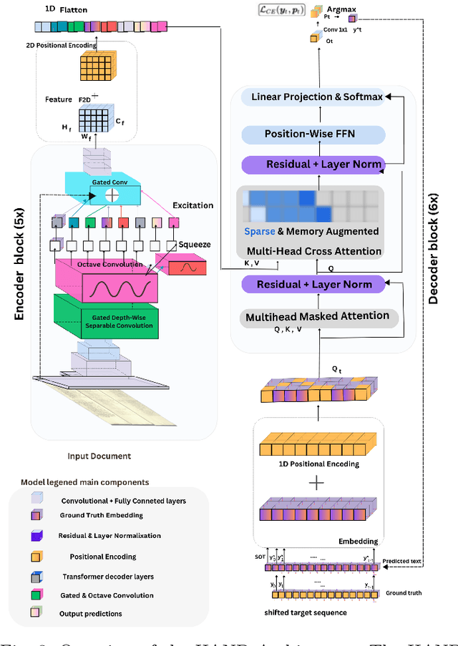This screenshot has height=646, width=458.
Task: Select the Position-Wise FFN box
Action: click(x=313, y=134)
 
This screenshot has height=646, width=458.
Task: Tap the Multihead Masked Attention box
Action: click(x=318, y=315)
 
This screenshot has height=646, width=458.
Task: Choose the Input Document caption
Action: click(x=98, y=456)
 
